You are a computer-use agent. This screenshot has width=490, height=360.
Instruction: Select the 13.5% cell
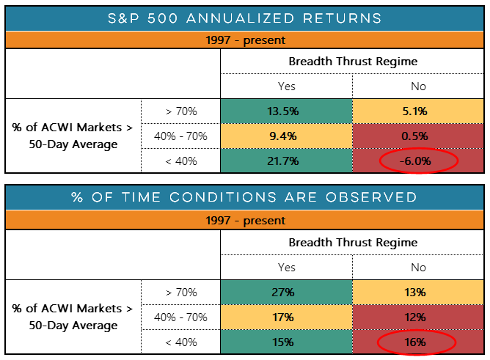click(286, 111)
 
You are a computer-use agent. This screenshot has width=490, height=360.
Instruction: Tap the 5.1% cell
click(418, 111)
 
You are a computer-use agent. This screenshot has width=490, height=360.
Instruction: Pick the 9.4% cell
click(286, 136)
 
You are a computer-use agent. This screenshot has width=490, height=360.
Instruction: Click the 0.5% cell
click(418, 136)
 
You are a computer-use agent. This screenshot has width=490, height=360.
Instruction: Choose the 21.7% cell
click(286, 161)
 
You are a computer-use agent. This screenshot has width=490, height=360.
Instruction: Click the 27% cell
click(286, 292)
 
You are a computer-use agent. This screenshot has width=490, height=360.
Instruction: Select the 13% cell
click(418, 292)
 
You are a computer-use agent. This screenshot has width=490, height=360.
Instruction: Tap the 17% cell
click(286, 317)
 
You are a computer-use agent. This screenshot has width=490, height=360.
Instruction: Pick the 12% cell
click(418, 317)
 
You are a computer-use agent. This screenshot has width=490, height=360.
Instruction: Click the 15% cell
click(286, 342)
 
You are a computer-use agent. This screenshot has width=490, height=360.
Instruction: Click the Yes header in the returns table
click(286, 86)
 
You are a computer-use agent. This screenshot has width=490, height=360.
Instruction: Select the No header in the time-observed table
click(418, 267)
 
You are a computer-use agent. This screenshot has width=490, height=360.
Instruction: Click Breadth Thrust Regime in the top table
click(353, 62)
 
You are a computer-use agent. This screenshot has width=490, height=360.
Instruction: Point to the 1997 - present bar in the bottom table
click(245, 220)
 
